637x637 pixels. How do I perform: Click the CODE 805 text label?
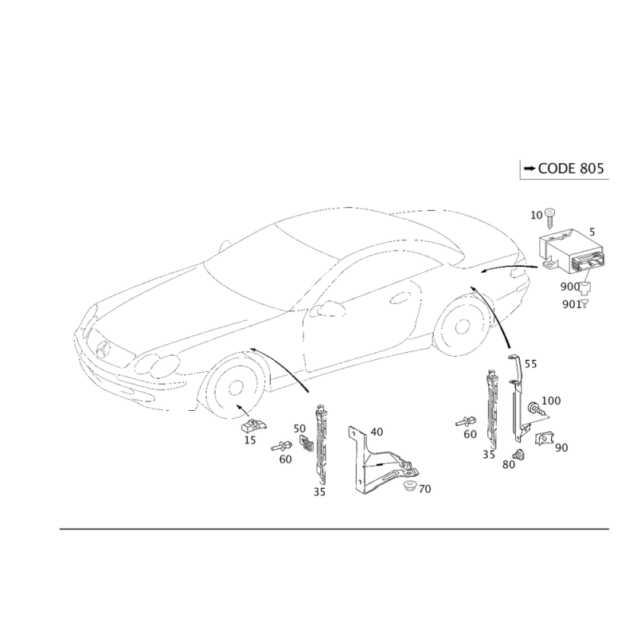(571, 168)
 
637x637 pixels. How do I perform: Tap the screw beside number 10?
(550, 217)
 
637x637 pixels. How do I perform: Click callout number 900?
(569, 287)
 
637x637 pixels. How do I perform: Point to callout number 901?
(572, 304)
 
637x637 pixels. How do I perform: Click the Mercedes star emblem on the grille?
(104, 350)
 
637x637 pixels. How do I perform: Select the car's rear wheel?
(461, 327)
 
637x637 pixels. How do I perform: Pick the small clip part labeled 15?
(254, 426)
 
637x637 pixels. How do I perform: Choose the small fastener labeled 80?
(518, 454)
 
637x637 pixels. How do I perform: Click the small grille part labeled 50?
(307, 444)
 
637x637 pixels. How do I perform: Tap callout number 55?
(530, 364)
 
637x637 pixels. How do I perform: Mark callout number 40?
(377, 432)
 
